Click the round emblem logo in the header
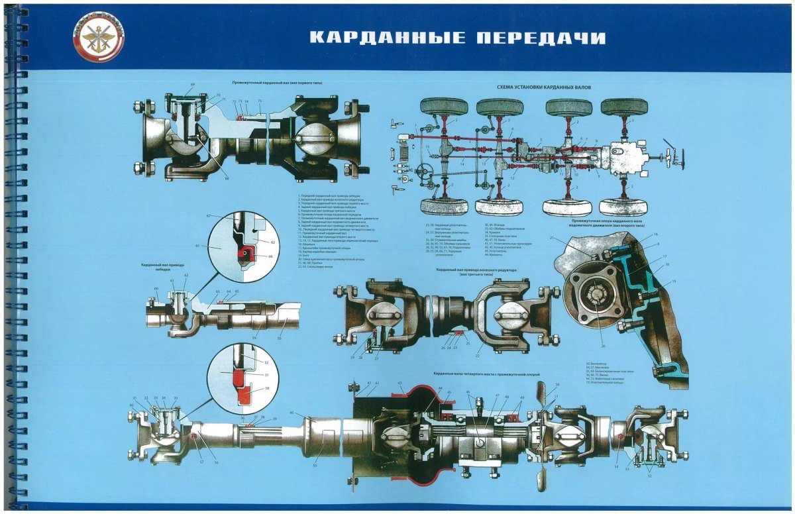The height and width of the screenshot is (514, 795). tap(98, 36)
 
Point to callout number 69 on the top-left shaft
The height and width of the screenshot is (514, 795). tap(193, 85)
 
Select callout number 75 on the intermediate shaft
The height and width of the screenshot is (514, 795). tap(260, 101)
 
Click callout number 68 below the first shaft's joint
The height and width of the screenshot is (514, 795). tap(226, 178)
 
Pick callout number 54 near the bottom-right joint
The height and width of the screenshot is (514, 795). tap(616, 467)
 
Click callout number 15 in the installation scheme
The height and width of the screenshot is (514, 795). tap(428, 147)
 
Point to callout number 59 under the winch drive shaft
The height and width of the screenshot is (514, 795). tap(254, 338)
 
